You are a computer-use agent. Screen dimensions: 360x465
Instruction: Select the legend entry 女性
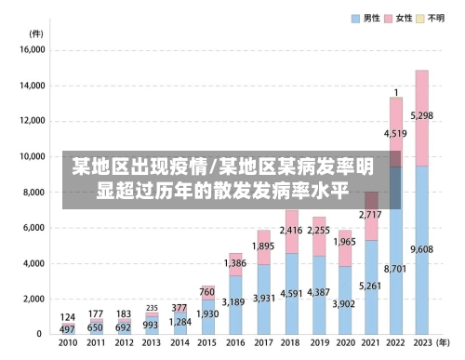click(x=404, y=18)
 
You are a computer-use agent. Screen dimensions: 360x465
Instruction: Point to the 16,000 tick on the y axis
click(x=32, y=51)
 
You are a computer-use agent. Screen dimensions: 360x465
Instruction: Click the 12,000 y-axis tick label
click(x=32, y=122)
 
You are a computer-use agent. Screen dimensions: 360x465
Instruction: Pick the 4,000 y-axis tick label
click(x=34, y=263)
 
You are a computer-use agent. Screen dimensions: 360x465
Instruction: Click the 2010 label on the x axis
click(x=67, y=343)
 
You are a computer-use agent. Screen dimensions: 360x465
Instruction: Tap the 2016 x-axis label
click(x=235, y=343)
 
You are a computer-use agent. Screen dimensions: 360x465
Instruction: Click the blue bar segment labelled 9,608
click(x=421, y=249)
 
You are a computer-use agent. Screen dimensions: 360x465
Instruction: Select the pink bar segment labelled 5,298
click(x=421, y=116)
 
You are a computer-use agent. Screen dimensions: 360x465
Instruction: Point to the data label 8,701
click(x=395, y=269)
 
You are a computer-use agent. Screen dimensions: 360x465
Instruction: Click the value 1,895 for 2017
click(x=263, y=246)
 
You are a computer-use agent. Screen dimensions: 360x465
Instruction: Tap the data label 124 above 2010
click(x=67, y=317)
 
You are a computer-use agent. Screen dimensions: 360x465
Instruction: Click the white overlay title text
click(x=223, y=180)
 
